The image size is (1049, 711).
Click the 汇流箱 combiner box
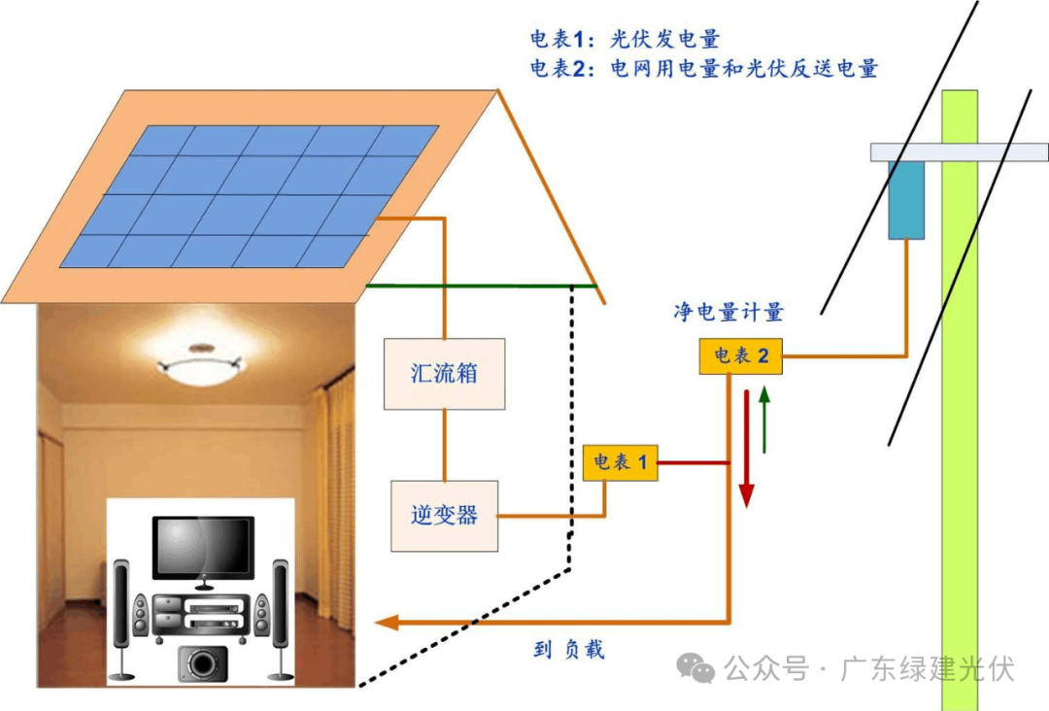(445, 373)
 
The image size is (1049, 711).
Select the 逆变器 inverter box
(444, 516)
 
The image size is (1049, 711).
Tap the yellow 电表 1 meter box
(620, 461)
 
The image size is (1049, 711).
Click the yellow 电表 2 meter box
(740, 356)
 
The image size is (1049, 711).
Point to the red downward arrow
(746, 448)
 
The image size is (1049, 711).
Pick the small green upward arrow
(764, 419)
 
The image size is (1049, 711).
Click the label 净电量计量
(728, 312)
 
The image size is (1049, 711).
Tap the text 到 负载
(568, 649)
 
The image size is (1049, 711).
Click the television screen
(203, 547)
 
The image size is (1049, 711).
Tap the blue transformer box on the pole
(906, 199)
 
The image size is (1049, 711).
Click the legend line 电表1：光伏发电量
(625, 40)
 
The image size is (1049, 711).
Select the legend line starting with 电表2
(703, 69)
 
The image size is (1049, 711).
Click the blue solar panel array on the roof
(249, 195)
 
